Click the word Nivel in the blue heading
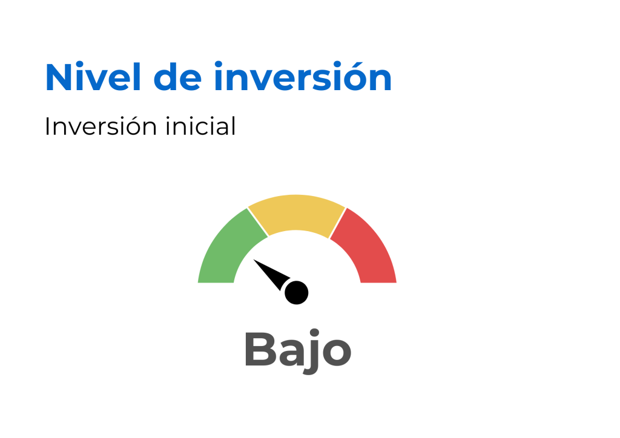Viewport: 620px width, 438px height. (x=93, y=77)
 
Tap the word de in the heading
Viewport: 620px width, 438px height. (x=177, y=77)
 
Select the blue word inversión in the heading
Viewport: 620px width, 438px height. (x=303, y=76)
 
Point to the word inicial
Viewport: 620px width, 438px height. (x=200, y=126)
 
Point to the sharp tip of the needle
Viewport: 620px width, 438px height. (x=254, y=260)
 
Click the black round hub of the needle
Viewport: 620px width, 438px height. (x=296, y=293)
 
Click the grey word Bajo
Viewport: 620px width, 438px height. (x=298, y=350)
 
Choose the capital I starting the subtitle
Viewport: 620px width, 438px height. (x=47, y=127)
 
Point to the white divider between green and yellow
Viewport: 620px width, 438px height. (x=258, y=222)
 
